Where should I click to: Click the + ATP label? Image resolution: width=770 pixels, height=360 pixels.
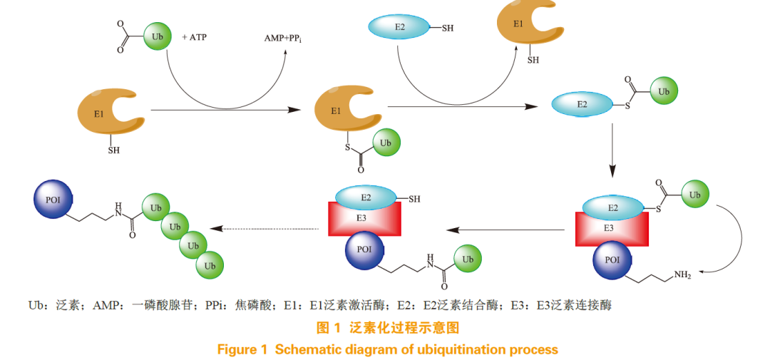pos(194,37)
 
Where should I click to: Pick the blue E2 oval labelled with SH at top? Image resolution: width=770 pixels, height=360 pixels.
pos(399,28)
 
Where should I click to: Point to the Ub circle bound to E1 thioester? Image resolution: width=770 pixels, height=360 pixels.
pos(386,143)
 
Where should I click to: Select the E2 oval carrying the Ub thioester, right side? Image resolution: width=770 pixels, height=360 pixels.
pos(583,105)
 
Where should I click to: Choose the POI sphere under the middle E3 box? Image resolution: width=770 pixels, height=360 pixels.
pos(364,251)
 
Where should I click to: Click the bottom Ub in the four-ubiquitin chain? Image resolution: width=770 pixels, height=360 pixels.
pos(210,265)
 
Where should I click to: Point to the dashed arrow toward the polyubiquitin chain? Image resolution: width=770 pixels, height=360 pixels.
pos(263,229)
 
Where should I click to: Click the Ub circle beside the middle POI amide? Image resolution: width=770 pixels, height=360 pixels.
pos(468,259)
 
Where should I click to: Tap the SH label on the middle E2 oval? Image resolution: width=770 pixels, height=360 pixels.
pos(414,199)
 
